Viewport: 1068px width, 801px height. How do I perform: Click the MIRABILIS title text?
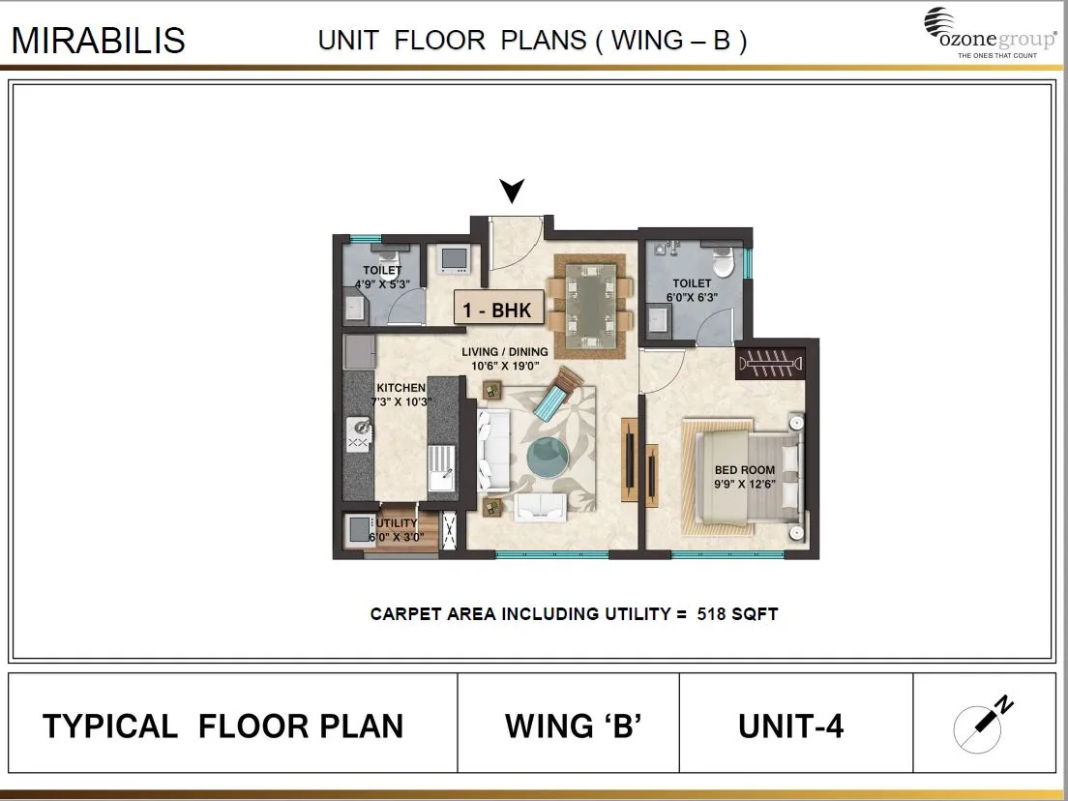click(x=98, y=41)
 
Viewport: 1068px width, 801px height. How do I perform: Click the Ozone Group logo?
click(x=988, y=33)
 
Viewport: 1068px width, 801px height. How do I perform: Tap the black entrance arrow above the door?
click(x=511, y=192)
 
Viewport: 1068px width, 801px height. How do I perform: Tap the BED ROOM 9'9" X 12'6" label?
click(x=745, y=477)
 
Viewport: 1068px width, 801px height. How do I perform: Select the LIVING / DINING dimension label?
click(x=504, y=359)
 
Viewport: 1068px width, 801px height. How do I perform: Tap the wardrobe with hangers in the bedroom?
click(x=770, y=364)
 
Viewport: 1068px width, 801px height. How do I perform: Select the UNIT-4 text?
click(x=790, y=727)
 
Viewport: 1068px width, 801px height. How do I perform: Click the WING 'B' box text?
click(x=574, y=727)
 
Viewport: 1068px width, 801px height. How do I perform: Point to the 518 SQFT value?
click(x=737, y=614)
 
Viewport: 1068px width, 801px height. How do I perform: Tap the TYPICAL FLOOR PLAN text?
click(x=222, y=727)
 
